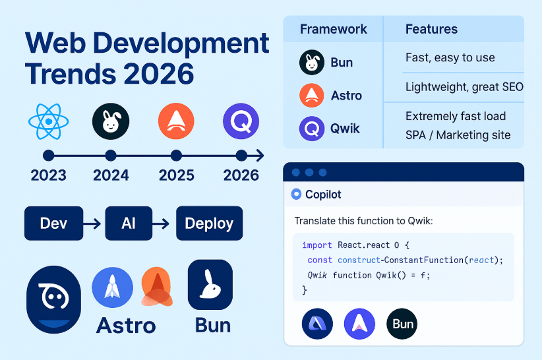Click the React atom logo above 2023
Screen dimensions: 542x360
[x=48, y=121]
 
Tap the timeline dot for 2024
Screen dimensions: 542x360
[x=111, y=156]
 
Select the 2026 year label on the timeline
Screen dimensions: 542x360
[x=241, y=175]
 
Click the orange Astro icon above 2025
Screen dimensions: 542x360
[x=176, y=121]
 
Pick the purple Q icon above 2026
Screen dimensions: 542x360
[x=241, y=121]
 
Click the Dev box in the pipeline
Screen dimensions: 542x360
[x=53, y=223]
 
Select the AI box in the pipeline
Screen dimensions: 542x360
[x=129, y=223]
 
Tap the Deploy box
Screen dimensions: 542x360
[x=209, y=223]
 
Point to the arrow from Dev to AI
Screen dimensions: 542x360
[x=92, y=224]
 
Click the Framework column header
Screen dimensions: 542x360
[x=333, y=29]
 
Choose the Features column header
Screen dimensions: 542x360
[x=431, y=29]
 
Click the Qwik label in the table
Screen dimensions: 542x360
[x=345, y=129]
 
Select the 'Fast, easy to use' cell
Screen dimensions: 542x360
[x=450, y=57]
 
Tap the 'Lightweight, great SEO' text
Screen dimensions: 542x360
[x=464, y=87]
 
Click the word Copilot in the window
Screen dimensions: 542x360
[x=323, y=194]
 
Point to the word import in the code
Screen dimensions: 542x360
[x=316, y=245]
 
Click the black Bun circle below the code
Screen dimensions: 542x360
[x=402, y=324]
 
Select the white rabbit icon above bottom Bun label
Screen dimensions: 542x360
[x=210, y=285]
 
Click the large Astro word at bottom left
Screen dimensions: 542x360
[x=126, y=326]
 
